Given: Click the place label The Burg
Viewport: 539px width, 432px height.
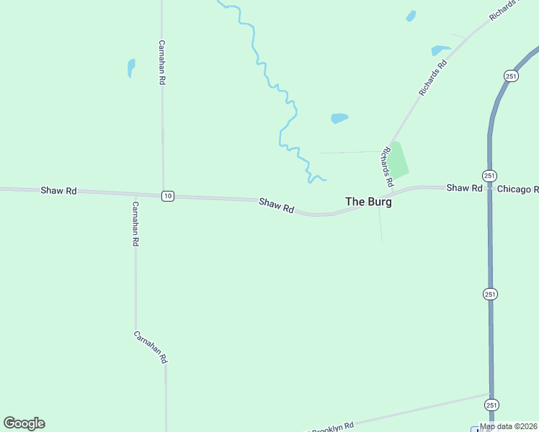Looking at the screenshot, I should pyautogui.click(x=368, y=202).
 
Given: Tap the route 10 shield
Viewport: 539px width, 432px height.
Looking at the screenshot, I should pyautogui.click(x=167, y=196).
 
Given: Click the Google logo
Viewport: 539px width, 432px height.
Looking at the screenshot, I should pyautogui.click(x=24, y=423).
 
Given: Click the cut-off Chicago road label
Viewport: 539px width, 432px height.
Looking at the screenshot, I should pyautogui.click(x=517, y=189).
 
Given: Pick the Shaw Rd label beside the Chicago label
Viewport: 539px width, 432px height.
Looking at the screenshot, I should pyautogui.click(x=464, y=188).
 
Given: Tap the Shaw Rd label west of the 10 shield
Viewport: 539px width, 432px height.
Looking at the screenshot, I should pyautogui.click(x=58, y=191).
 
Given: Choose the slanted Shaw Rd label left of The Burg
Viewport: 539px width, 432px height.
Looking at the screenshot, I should pyautogui.click(x=277, y=206).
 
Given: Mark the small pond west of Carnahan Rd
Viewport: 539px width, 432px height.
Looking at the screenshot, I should pyautogui.click(x=131, y=68).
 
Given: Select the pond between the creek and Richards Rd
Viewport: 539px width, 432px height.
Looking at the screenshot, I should pyautogui.click(x=339, y=118).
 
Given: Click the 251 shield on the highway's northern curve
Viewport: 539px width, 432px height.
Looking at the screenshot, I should pyautogui.click(x=511, y=76).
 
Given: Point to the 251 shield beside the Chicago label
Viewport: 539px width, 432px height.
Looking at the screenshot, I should pyautogui.click(x=489, y=176).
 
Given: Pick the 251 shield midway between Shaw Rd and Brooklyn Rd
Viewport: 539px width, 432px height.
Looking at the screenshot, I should pyautogui.click(x=491, y=294).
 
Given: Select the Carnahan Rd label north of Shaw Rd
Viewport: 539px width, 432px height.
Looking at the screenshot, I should pyautogui.click(x=162, y=63).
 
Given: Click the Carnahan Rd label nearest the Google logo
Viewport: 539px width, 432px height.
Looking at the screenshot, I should pyautogui.click(x=151, y=347).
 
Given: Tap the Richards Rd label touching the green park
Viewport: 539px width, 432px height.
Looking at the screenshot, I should pyautogui.click(x=388, y=163).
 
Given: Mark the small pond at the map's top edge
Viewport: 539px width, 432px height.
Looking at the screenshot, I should pyautogui.click(x=411, y=16).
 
